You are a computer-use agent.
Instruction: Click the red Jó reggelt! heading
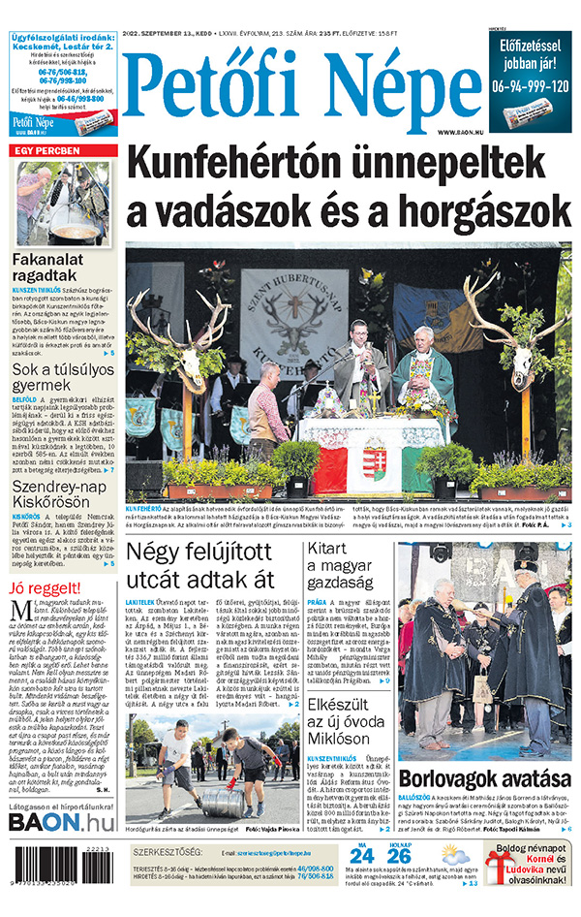45,587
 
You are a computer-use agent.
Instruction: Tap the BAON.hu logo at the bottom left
60,822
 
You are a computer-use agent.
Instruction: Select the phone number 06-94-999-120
529,84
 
